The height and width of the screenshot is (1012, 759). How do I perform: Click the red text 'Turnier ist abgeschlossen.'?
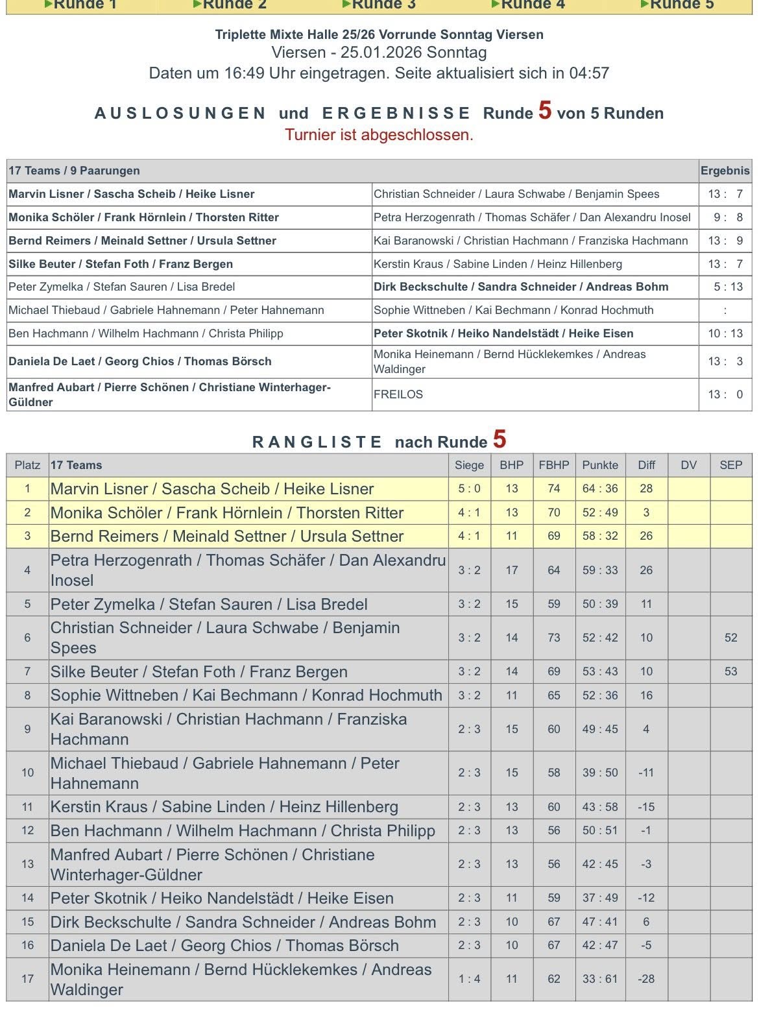coord(379,135)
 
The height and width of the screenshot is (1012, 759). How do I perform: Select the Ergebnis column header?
coord(725,171)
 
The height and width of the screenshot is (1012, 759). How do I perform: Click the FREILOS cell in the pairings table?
coord(398,394)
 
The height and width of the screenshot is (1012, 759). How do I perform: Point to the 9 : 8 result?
coord(725,217)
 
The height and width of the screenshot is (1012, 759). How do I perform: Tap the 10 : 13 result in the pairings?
coord(725,333)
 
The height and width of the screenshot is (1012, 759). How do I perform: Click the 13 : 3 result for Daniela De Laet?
coord(725,361)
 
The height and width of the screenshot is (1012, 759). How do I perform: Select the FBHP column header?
coord(553,465)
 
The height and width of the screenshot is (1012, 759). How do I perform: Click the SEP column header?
coord(730,465)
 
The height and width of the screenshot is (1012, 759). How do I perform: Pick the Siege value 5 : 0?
coord(469,489)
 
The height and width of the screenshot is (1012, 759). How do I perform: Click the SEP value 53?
coord(730,671)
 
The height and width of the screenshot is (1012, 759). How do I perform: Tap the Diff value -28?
coord(646,979)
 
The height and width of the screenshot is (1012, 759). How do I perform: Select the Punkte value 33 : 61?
coord(600,979)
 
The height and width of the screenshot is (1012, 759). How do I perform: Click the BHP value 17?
coord(511,570)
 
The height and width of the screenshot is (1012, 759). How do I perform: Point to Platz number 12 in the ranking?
coord(27,830)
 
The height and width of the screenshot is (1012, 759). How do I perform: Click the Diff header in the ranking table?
coord(646,465)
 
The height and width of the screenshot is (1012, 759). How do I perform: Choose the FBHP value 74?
coord(553,489)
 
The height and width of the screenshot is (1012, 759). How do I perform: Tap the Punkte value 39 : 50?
coord(600,773)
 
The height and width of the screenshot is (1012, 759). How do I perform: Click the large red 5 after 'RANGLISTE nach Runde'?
coord(499,440)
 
